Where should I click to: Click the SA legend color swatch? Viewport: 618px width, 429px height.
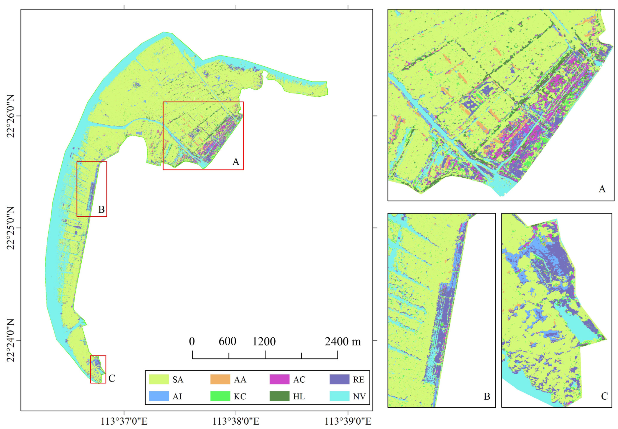coord(159,379)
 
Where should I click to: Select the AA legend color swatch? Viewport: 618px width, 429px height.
coord(220,379)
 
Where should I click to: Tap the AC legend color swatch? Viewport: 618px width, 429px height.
coord(279,379)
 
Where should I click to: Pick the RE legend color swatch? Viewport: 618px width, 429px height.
coord(339,379)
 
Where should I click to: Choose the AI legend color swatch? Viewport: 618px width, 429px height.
coord(159,396)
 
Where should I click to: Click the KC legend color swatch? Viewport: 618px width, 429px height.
coord(220,396)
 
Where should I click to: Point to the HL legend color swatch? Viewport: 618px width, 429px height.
coord(279,396)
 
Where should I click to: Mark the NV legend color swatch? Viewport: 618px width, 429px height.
coord(339,396)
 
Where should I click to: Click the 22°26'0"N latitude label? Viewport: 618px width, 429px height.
coord(10,116)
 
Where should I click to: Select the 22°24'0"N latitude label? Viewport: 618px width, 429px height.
coord(10,340)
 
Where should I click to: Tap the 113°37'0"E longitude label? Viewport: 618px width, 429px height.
coord(124,421)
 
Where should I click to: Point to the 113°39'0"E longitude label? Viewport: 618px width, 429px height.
coord(348,421)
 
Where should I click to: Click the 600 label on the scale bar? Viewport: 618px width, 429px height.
coord(227,341)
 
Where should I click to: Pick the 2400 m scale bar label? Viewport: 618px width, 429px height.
coord(343,341)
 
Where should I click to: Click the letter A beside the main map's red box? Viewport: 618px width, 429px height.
coord(236,162)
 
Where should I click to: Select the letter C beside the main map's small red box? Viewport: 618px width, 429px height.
coord(112,378)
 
